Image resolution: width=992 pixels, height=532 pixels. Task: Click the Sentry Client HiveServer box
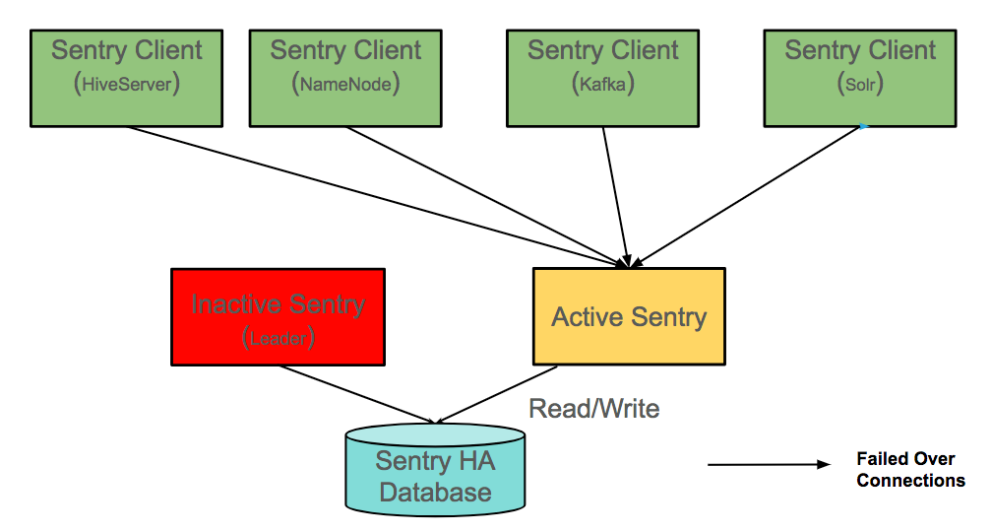pos(127,77)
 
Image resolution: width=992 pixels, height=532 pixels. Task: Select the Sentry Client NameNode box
pos(345,77)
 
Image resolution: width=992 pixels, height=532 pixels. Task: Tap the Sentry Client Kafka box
pos(603,77)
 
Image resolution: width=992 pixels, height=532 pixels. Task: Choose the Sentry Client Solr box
pos(860,77)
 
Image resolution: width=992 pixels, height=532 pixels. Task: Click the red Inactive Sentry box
pos(278,317)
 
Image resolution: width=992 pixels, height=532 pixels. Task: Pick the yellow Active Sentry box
pos(629,317)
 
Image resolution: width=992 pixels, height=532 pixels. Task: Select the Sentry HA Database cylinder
pos(435,471)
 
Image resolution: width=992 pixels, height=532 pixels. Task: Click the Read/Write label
pos(594,408)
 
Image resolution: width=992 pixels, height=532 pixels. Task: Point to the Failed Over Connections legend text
pos(910,470)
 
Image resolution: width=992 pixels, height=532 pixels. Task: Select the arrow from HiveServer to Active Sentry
pos(374,196)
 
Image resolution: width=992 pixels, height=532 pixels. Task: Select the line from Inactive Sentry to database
pos(357,394)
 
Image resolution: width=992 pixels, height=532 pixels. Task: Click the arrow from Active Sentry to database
pos(497,394)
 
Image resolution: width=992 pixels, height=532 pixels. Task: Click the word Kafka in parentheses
pos(603,86)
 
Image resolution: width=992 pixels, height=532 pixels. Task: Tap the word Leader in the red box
pos(278,338)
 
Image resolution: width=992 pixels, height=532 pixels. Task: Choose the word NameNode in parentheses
pos(345,86)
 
